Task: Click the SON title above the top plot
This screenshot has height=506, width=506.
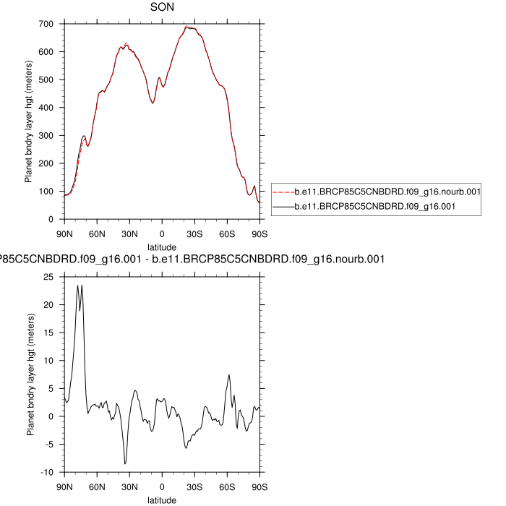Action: (161, 8)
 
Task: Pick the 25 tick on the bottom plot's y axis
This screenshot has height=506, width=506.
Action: (48, 277)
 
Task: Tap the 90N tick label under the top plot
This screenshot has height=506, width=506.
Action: (64, 233)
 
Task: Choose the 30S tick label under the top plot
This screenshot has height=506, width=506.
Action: (194, 233)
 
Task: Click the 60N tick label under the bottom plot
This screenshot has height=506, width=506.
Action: (97, 486)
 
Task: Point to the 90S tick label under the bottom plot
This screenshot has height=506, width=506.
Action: (260, 486)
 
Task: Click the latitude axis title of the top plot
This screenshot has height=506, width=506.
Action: (162, 246)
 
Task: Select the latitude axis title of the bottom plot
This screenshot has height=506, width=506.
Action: (162, 499)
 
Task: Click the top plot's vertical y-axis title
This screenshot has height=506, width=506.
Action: (29, 121)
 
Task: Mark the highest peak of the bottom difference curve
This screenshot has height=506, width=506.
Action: (78, 285)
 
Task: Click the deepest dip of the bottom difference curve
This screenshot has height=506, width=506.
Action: (125, 464)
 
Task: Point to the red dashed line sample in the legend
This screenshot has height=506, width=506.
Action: (282, 192)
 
